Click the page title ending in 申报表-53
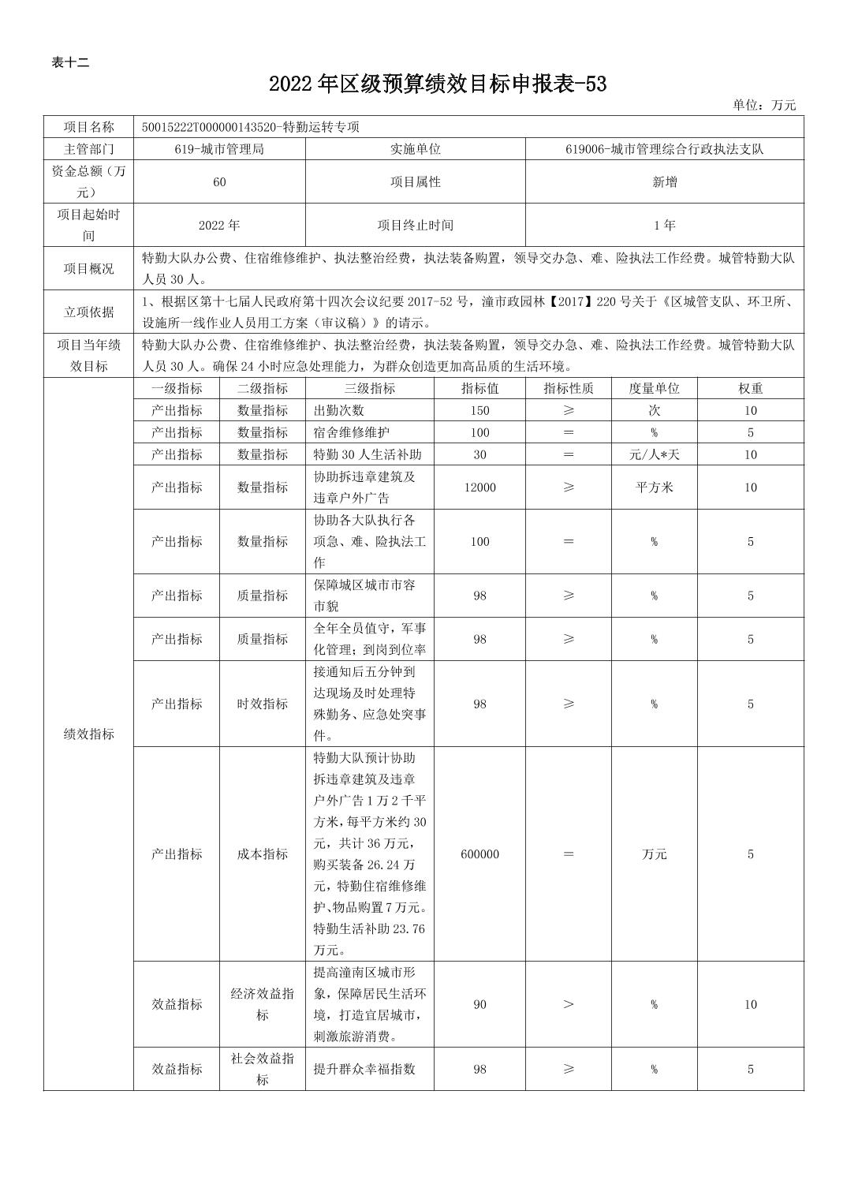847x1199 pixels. pos(438,84)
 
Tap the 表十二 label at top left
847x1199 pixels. pos(70,63)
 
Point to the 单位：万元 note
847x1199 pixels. pos(763,105)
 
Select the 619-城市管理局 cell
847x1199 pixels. pos(219,149)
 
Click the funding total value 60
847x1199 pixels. pos(219,182)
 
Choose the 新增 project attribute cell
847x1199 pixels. pos(664,182)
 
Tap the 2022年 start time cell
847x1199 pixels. pos(219,226)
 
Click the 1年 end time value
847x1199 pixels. pos(664,226)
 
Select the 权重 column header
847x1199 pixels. pos(750,389)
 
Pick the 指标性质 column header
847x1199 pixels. pos(568,389)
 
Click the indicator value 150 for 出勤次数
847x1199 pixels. pos(479,411)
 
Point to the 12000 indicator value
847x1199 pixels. pos(479,487)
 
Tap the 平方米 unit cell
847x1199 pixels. pos(654,487)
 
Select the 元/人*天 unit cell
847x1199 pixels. pos(654,455)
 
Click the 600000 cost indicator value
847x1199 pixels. pos(479,854)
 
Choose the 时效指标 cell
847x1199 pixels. pos(263,704)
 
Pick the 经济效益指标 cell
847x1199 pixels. pos(263,1004)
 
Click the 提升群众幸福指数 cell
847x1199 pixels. pos(364,1070)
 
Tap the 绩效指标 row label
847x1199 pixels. pos(88,734)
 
